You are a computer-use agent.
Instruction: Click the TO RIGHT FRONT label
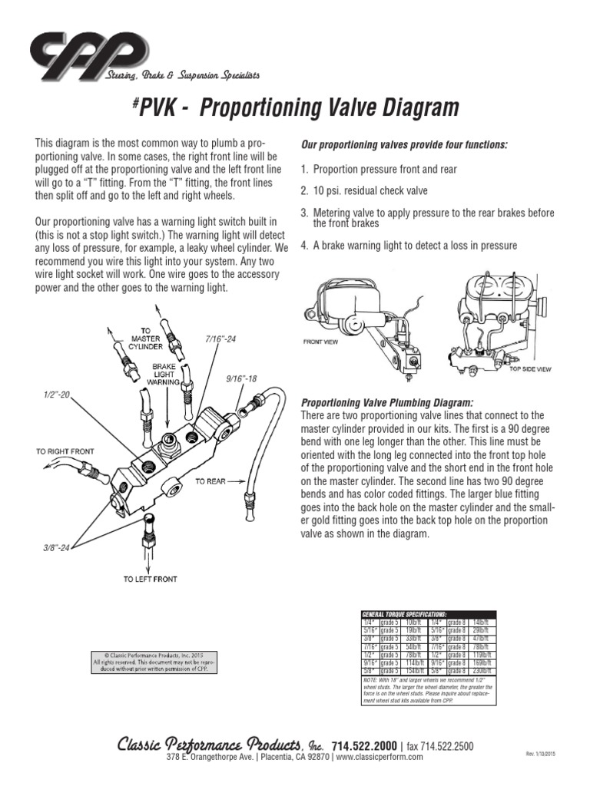[65, 451]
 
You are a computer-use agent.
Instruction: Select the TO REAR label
[210, 481]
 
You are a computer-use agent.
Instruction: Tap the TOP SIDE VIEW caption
[531, 368]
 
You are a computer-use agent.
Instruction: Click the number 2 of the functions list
[305, 190]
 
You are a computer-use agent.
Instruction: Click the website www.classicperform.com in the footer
[380, 757]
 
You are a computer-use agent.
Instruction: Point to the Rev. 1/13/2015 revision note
[539, 755]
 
